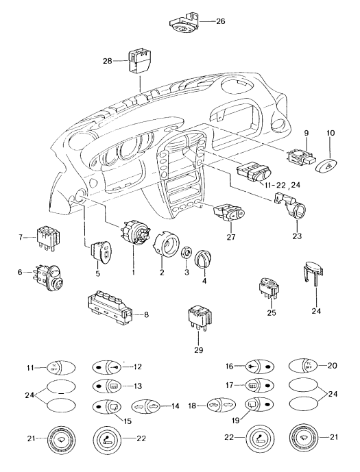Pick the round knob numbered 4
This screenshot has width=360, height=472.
[206, 261]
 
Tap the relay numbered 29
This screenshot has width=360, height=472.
[197, 321]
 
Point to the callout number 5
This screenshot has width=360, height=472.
[97, 274]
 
